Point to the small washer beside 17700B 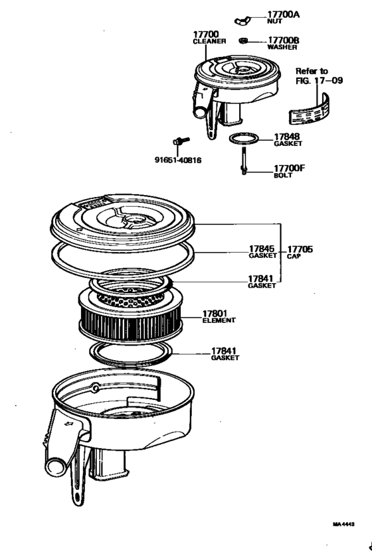(x=244, y=40)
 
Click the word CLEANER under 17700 (x=209, y=41)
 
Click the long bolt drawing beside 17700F (x=244, y=163)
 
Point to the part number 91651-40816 (x=179, y=160)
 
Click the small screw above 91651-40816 (x=180, y=141)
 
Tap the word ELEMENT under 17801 (x=219, y=320)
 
